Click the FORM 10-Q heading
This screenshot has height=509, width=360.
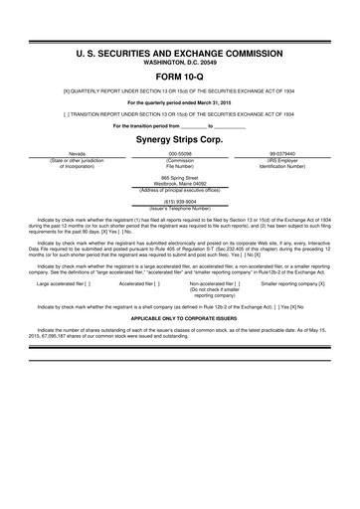click(x=179, y=75)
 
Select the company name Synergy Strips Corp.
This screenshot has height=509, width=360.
click(x=179, y=140)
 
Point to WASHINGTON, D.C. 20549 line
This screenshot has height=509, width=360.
click(x=179, y=58)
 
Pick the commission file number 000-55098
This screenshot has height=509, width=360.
click(x=179, y=154)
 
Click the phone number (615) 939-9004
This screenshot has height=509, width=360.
click(x=179, y=200)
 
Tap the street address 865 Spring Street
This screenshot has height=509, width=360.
click(x=179, y=176)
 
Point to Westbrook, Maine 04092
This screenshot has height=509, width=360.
click(x=179, y=182)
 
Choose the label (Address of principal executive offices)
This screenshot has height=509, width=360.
click(x=179, y=189)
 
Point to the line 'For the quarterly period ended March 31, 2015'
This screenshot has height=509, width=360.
click(x=179, y=102)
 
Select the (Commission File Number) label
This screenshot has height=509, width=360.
click(x=179, y=164)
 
